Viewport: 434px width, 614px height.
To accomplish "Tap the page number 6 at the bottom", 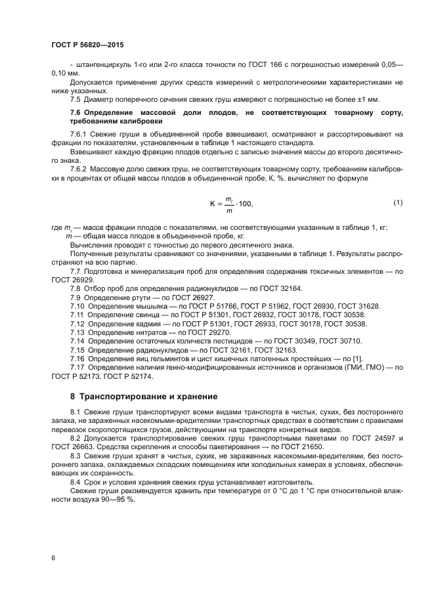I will coord(53,558).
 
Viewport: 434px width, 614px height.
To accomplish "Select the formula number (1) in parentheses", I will coord(398,203).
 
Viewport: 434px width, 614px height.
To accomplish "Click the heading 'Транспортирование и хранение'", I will coord(148,397).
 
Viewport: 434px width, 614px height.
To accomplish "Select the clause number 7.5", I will coord(75,99).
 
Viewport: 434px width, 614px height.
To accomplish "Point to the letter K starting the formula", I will coord(213,204).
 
